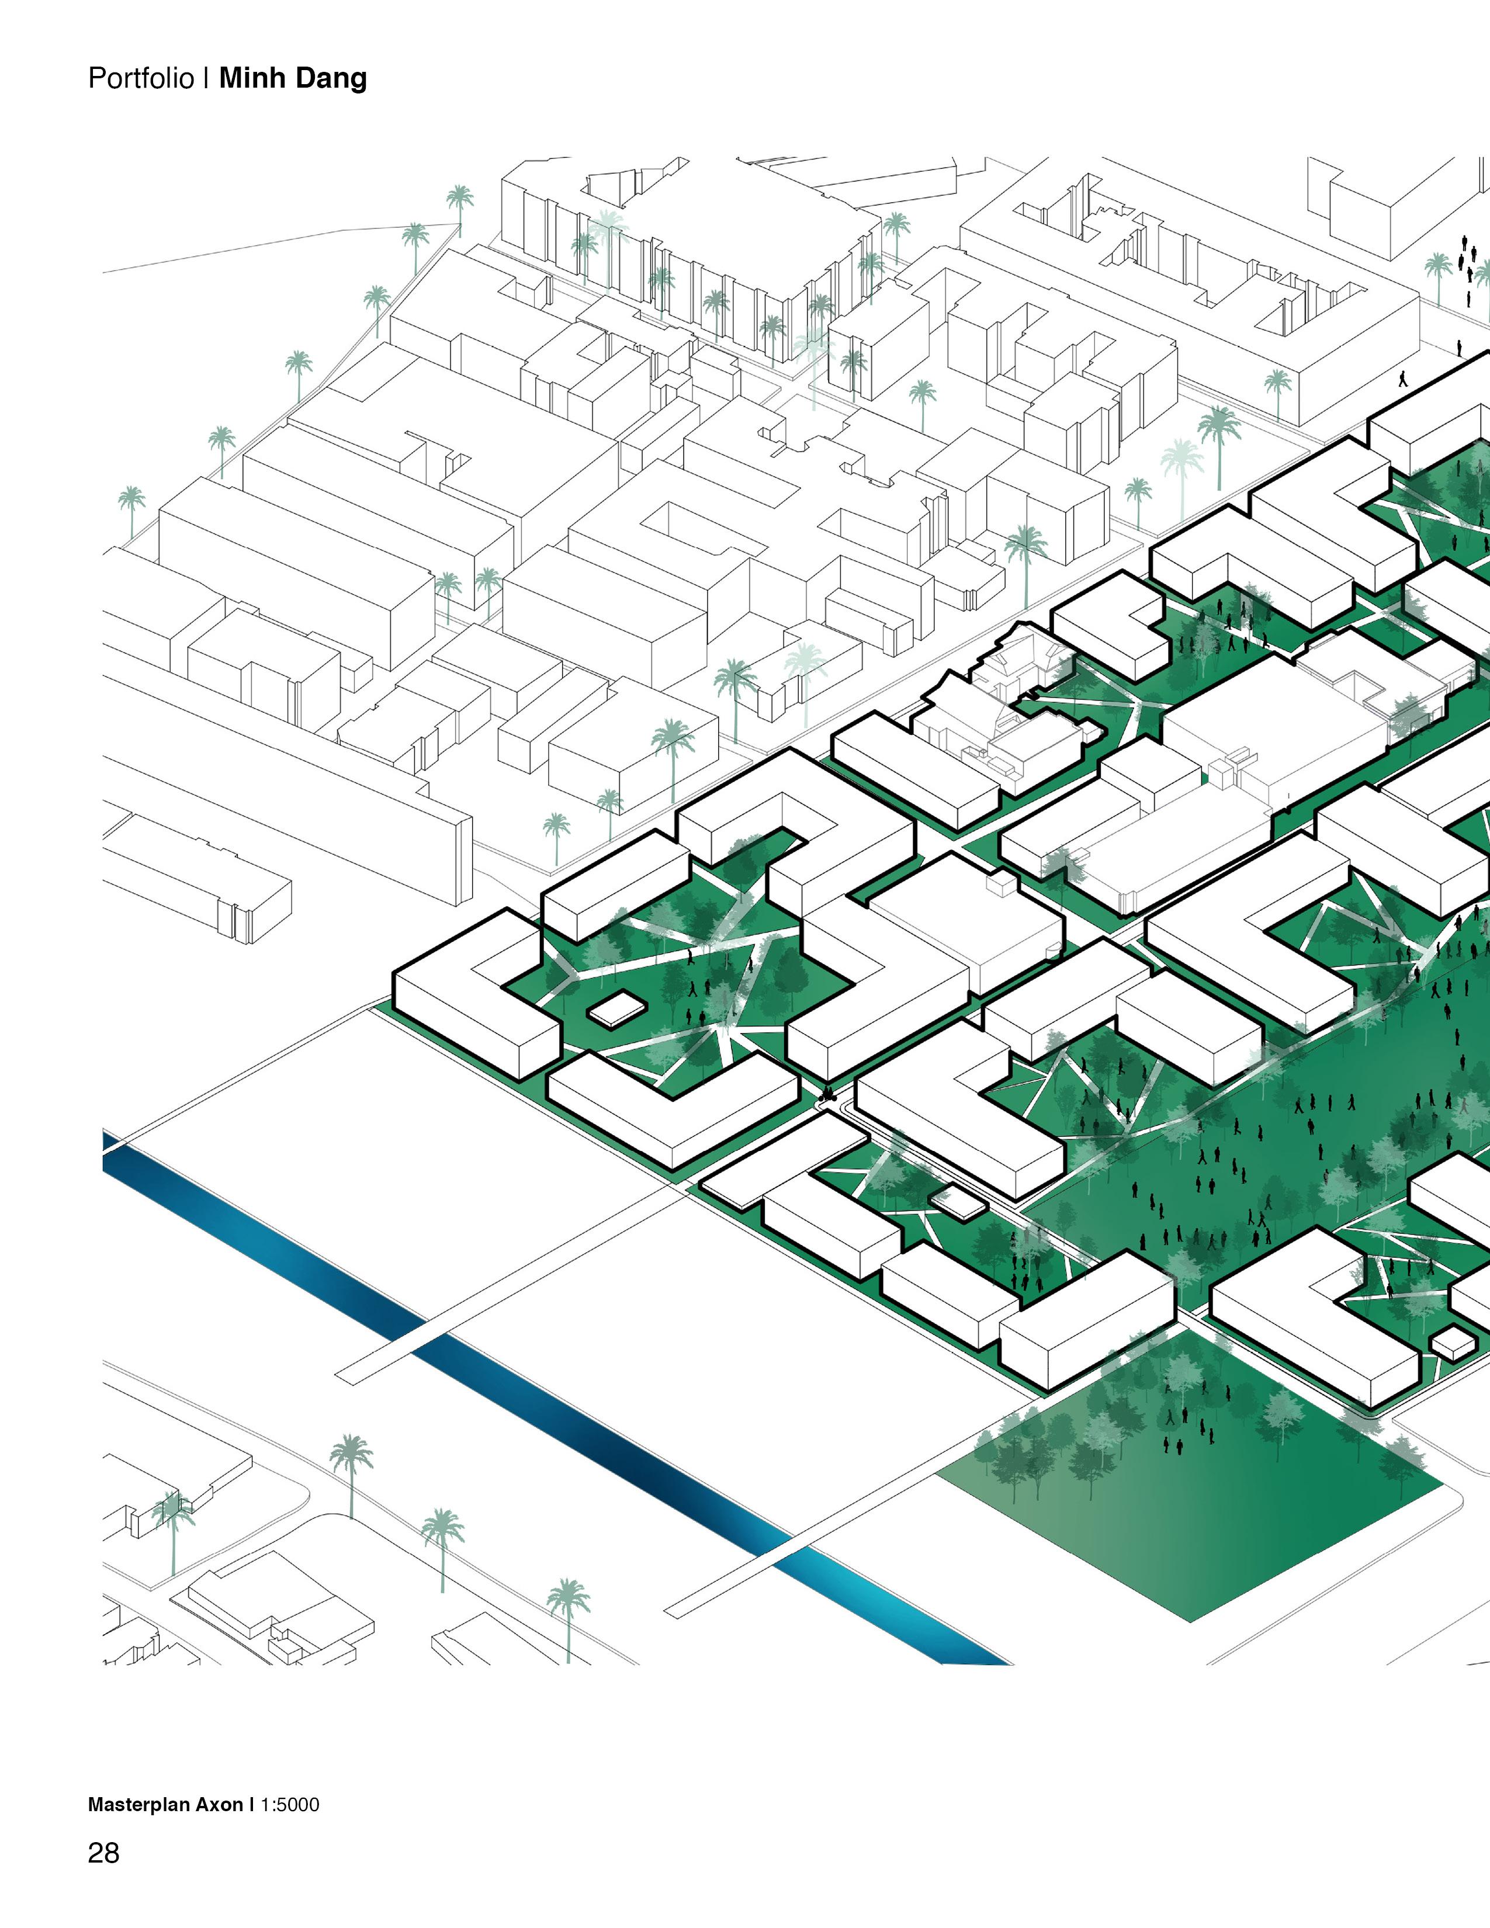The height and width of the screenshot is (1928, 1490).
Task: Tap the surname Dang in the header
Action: click(x=332, y=78)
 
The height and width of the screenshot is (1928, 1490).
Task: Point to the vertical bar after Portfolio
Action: click(x=206, y=78)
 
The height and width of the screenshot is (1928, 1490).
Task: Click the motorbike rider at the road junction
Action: click(x=827, y=1097)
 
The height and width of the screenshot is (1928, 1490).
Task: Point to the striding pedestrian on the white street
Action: click(x=1402, y=378)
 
